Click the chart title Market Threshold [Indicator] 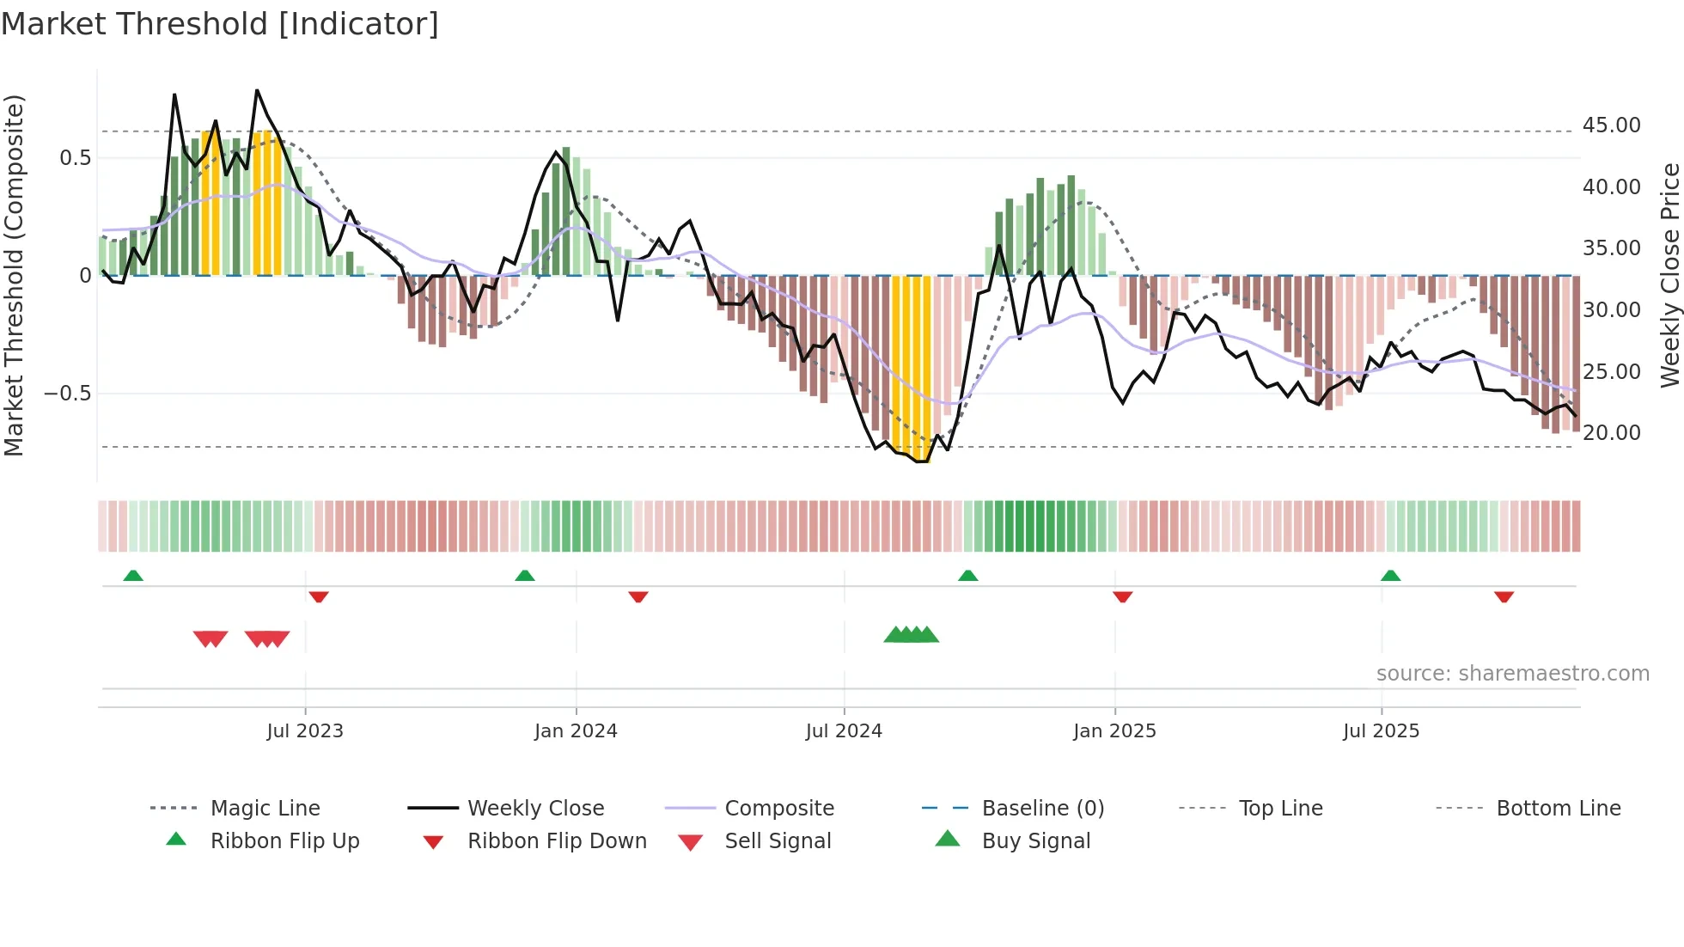tap(220, 24)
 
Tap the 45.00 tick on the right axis tap(1611, 125)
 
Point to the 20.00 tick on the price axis tap(1611, 433)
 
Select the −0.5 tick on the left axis tap(67, 394)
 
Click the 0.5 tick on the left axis tap(75, 158)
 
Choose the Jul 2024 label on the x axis tap(844, 731)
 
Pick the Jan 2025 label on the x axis tap(1114, 731)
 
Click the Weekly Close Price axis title tap(1669, 275)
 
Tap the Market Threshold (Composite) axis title tap(14, 275)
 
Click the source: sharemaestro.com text tap(1512, 674)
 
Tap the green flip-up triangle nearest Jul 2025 tap(1390, 576)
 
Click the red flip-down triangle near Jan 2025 tap(1122, 596)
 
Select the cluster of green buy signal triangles tap(911, 635)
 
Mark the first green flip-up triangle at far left tap(133, 576)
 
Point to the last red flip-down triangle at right tap(1504, 596)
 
